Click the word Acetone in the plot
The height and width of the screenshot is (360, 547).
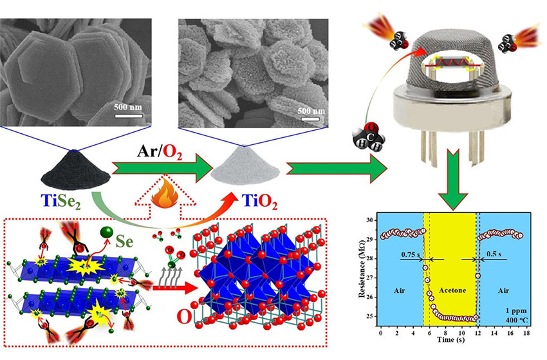(452, 290)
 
